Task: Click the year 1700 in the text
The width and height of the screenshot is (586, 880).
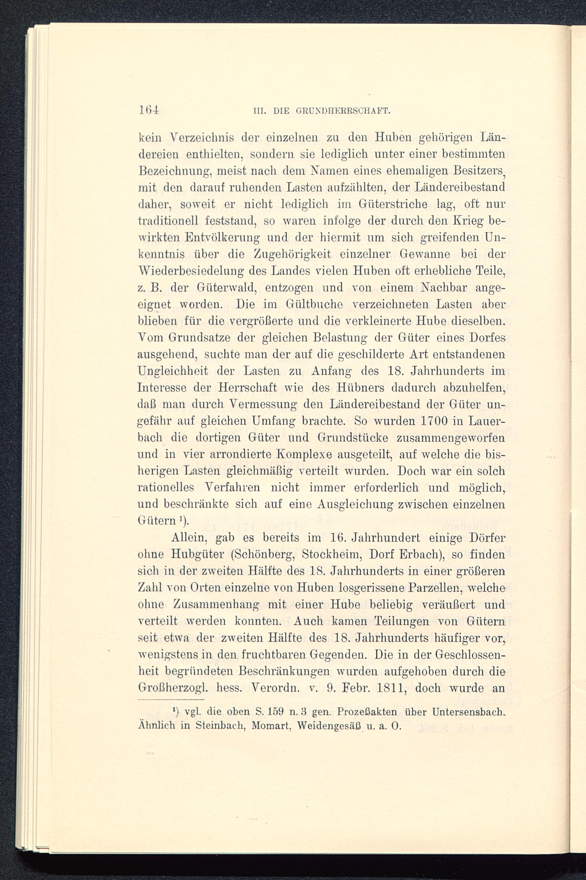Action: pyautogui.click(x=434, y=421)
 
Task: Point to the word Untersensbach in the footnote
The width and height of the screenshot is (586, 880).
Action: pyautogui.click(x=467, y=711)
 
